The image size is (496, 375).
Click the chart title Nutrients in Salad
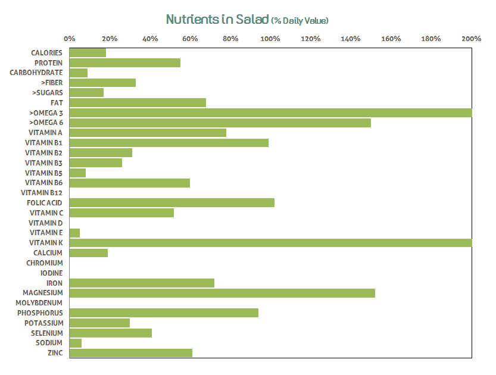tap(217, 20)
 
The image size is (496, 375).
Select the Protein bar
tap(125, 62)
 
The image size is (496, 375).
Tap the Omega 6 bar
tap(220, 123)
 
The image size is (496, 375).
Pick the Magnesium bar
tap(222, 293)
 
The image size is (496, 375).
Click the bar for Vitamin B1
tap(169, 143)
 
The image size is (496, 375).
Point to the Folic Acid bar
tap(172, 203)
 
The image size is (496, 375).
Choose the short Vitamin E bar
tap(75, 233)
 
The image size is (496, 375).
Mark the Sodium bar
tap(76, 343)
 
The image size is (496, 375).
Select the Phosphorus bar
tap(164, 312)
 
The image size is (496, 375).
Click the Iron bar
tap(142, 283)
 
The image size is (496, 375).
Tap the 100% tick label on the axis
tap(270, 39)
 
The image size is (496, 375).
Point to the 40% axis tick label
tap(150, 39)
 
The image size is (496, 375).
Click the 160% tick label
tap(391, 39)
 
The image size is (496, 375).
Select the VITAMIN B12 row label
tap(42, 193)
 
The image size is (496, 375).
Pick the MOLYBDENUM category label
tap(39, 303)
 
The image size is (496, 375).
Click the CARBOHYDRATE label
tap(36, 73)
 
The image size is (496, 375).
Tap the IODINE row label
tap(52, 273)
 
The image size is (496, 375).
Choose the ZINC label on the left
tap(55, 353)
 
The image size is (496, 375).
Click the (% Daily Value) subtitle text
tap(300, 21)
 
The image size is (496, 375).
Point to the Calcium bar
tap(89, 253)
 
